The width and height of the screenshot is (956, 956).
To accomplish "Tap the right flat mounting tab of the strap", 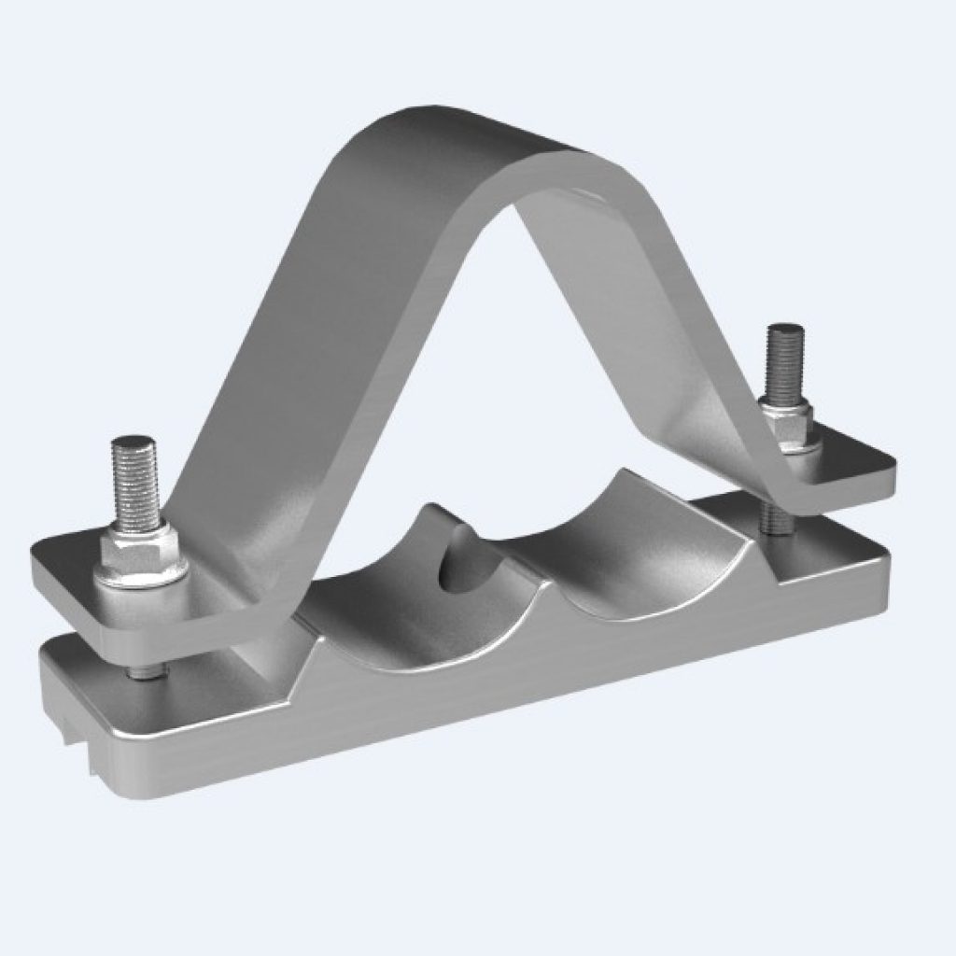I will point(850,467).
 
